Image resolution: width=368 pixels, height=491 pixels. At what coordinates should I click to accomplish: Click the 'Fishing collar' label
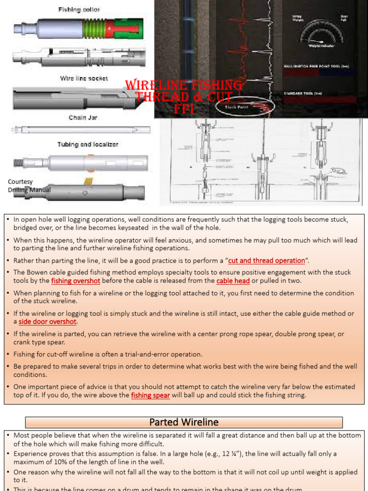click(79, 9)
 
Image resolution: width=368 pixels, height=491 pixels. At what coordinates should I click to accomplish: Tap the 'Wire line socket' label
click(84, 78)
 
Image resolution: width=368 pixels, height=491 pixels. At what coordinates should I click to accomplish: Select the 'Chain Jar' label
click(82, 117)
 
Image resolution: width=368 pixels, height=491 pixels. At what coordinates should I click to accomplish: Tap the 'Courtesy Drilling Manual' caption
click(29, 186)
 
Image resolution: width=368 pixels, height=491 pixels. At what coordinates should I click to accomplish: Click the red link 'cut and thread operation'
click(266, 260)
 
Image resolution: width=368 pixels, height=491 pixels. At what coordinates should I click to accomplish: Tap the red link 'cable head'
click(233, 281)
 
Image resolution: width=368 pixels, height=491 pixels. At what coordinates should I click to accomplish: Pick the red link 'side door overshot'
click(47, 322)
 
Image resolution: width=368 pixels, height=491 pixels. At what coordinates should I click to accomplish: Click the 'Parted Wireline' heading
click(184, 422)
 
